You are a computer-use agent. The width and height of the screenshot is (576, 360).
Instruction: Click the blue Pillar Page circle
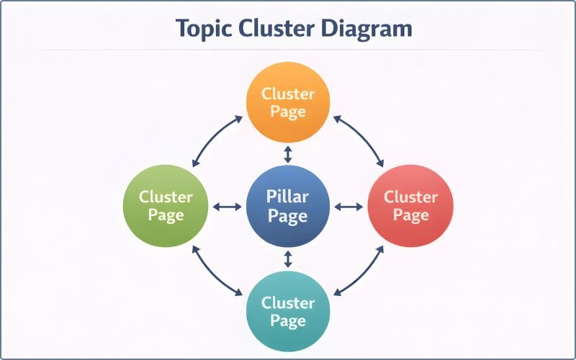tap(288, 207)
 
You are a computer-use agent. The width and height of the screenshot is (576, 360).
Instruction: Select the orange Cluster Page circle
tap(288, 103)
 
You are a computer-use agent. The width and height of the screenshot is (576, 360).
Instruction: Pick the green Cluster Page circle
tap(166, 207)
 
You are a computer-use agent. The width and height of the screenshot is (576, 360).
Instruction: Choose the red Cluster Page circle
tap(410, 207)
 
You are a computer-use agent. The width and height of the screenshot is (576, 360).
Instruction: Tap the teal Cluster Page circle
tap(288, 311)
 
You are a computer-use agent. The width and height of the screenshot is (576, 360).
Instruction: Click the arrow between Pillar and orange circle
tap(288, 154)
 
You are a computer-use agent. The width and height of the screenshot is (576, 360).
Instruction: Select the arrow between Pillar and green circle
tap(228, 207)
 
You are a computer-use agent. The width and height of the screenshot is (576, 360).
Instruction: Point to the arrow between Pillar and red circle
tap(349, 207)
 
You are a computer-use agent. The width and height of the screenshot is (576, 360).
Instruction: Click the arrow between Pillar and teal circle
tap(288, 258)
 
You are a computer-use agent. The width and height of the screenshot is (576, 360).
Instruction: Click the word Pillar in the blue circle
tap(288, 197)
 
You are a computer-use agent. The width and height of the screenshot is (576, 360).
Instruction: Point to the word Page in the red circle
tap(410, 216)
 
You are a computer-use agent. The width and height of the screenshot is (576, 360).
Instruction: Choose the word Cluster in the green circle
tap(166, 197)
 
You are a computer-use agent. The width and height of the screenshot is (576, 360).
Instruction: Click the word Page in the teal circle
tap(288, 321)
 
